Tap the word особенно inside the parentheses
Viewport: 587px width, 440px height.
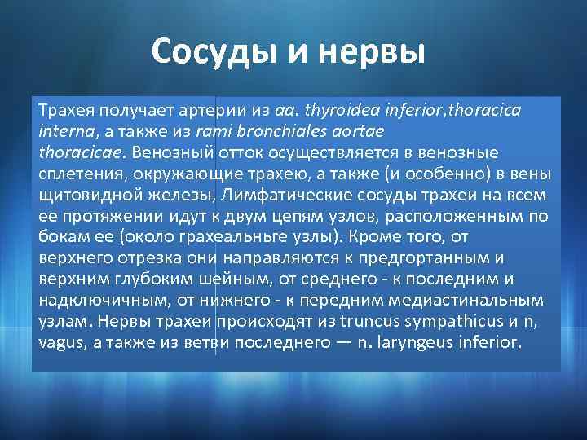pos(452,174)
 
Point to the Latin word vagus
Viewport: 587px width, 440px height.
pos(61,343)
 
